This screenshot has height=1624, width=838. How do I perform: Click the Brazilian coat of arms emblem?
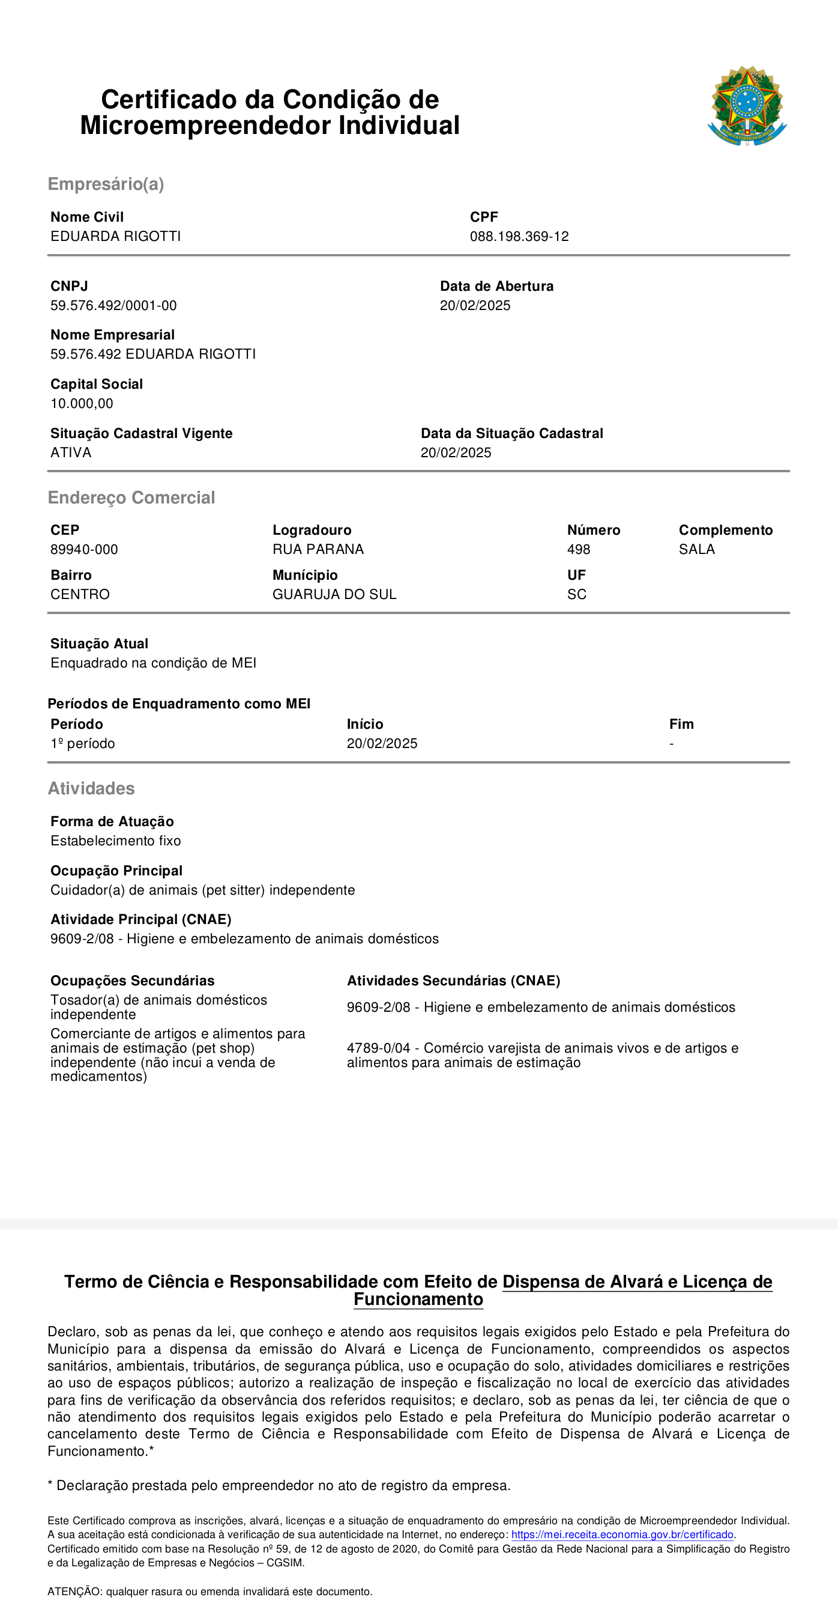pyautogui.click(x=747, y=106)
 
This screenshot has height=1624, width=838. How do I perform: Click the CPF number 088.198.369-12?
pyautogui.click(x=519, y=236)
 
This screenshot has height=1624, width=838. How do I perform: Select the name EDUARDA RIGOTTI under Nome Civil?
pyautogui.click(x=115, y=236)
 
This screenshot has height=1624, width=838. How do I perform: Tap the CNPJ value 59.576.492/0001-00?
pyautogui.click(x=113, y=306)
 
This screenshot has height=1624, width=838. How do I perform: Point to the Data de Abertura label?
pyautogui.click(x=496, y=286)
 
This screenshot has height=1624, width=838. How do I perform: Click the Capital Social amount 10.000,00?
pyautogui.click(x=82, y=404)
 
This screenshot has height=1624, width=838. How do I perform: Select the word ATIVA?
pyautogui.click(x=71, y=452)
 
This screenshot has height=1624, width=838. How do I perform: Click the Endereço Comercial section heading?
pyautogui.click(x=131, y=498)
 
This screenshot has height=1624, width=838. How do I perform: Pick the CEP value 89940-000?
pyautogui.click(x=84, y=550)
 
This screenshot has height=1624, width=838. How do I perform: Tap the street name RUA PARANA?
pyautogui.click(x=318, y=550)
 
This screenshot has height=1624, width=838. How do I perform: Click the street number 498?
pyautogui.click(x=579, y=550)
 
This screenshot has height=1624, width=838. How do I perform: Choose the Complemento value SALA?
pyautogui.click(x=696, y=550)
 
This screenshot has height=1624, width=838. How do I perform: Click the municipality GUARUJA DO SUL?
pyautogui.click(x=334, y=594)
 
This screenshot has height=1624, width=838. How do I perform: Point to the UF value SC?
pyautogui.click(x=576, y=594)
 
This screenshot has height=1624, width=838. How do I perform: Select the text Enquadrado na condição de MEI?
pyautogui.click(x=153, y=663)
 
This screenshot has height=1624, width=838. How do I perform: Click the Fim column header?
pyautogui.click(x=681, y=725)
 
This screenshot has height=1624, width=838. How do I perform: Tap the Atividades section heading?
pyautogui.click(x=91, y=789)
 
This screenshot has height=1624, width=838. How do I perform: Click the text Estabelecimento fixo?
pyautogui.click(x=115, y=841)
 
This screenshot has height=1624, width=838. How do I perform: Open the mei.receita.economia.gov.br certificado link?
pyautogui.click(x=622, y=1534)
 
